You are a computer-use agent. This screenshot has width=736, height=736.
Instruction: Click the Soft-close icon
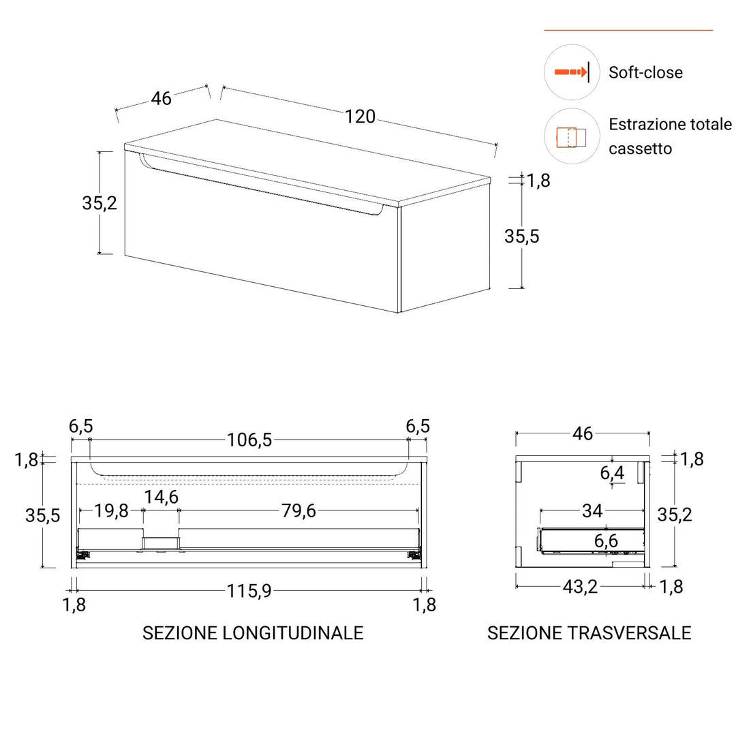click(x=570, y=72)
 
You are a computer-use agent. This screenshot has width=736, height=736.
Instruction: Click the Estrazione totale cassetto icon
click(x=570, y=136)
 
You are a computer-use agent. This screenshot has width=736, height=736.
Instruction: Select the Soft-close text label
click(x=645, y=72)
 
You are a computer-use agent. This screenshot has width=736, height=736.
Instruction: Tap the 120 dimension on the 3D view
click(x=360, y=117)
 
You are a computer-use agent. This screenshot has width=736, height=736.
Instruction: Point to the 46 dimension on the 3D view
click(x=162, y=98)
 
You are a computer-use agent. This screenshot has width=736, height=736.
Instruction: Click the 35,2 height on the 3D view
click(x=99, y=202)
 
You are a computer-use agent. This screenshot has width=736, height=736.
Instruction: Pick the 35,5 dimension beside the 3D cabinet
click(x=522, y=236)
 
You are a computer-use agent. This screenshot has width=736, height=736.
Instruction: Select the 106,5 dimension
click(x=249, y=440)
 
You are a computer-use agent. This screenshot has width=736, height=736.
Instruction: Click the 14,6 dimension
click(x=161, y=497)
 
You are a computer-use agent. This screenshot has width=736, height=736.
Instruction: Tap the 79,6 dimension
click(x=298, y=510)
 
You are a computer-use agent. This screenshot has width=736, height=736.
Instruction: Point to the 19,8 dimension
click(x=111, y=510)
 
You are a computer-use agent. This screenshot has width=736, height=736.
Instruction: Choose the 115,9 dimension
click(x=249, y=591)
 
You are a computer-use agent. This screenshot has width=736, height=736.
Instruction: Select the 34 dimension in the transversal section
click(x=592, y=510)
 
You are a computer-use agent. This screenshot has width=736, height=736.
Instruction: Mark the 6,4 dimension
click(x=612, y=472)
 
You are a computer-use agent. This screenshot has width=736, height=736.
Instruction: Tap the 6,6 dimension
click(x=606, y=541)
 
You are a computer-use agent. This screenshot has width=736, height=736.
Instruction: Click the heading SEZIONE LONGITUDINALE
click(x=253, y=632)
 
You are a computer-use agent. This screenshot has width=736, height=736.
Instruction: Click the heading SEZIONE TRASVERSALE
click(x=589, y=632)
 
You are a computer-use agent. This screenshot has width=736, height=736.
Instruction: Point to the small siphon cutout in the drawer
click(x=161, y=543)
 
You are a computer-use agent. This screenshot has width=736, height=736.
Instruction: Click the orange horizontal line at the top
click(x=628, y=31)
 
